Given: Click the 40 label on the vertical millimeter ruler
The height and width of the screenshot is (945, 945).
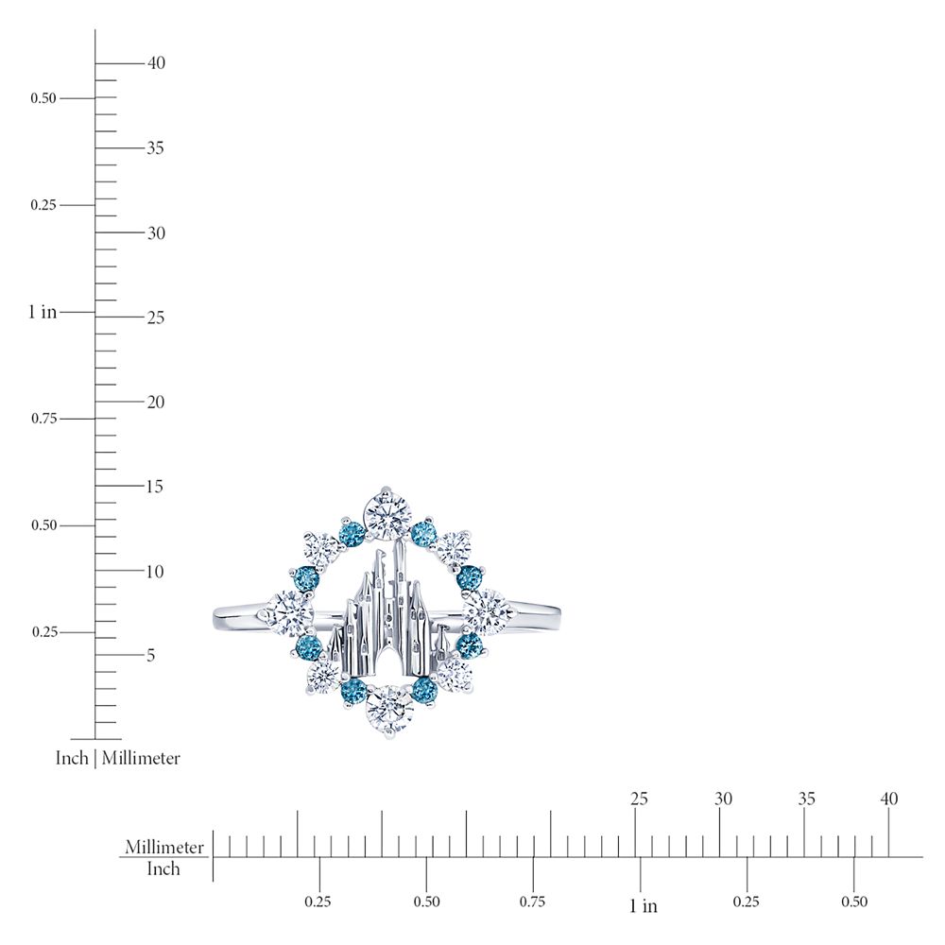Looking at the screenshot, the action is pyautogui.click(x=156, y=62).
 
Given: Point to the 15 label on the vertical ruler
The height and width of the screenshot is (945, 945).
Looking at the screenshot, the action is pyautogui.click(x=155, y=487).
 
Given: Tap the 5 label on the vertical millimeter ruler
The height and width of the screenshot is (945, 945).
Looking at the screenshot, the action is pyautogui.click(x=150, y=655).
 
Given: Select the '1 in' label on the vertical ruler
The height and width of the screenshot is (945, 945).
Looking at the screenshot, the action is pyautogui.click(x=43, y=312).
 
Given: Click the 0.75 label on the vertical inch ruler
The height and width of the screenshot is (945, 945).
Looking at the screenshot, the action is pyautogui.click(x=44, y=419).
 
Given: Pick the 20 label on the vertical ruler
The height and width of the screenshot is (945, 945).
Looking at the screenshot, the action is pyautogui.click(x=156, y=402).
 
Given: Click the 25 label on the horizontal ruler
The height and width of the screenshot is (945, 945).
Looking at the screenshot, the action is pyautogui.click(x=639, y=799).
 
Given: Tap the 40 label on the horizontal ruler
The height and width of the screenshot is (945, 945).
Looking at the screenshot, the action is pyautogui.click(x=889, y=799).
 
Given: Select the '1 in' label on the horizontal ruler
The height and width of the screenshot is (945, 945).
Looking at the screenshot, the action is pyautogui.click(x=643, y=905).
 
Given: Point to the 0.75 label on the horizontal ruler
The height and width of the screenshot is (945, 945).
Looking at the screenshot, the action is pyautogui.click(x=532, y=902).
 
